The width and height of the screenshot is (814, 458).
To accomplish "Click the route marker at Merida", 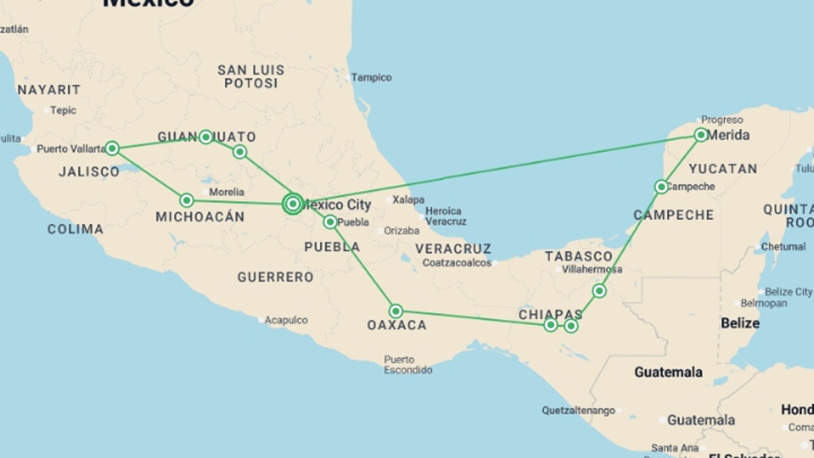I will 701,135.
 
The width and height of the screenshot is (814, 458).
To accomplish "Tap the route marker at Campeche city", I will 661,187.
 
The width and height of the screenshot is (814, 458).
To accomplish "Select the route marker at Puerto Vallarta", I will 112,148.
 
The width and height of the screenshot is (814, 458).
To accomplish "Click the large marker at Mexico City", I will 293,204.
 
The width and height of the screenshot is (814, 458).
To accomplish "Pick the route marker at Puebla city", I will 330,222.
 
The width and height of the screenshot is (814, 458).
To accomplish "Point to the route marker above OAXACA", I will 396,311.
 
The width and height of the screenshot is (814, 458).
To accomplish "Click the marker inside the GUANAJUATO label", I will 206,137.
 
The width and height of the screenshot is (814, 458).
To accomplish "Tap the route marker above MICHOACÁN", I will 187,200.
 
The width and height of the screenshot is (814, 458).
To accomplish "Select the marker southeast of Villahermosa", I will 599,290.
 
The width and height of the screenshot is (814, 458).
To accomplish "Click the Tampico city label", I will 371,78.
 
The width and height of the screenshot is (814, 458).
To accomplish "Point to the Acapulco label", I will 286,320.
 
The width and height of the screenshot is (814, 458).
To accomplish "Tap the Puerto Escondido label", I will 408,365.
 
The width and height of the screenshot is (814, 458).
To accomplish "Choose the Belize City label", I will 788,292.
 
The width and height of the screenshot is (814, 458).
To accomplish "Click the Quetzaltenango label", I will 578,411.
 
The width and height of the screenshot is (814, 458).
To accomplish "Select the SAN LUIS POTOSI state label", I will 251,76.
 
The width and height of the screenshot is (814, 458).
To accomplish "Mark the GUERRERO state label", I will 276,277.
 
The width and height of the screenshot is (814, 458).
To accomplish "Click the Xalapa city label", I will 408,199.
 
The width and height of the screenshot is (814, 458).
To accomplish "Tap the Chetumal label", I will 783,246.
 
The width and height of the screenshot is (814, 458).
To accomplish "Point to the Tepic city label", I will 63,110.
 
